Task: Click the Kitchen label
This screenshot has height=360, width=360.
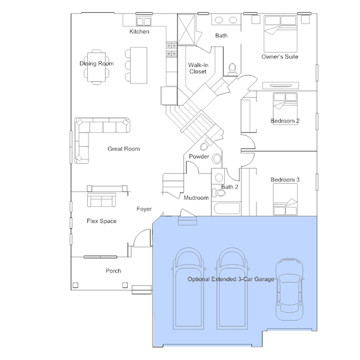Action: tap(139, 32)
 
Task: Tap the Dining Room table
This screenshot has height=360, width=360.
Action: tap(96, 67)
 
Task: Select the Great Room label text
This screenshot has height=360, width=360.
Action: tap(124, 149)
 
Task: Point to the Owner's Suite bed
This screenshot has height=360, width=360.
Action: tap(281, 34)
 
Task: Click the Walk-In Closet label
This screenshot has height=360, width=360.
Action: tap(198, 68)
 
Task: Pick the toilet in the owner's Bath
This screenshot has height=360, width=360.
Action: tap(232, 69)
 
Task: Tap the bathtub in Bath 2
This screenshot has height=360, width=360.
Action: tap(226, 208)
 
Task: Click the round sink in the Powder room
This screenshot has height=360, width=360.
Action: tap(216, 159)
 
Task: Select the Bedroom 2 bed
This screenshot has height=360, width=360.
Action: tap(285, 108)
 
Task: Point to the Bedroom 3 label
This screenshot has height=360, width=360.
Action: tap(285, 180)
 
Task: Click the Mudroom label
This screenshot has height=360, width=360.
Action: tap(196, 198)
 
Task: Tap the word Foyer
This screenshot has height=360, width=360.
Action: tap(144, 209)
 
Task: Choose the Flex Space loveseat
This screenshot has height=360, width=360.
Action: tap(101, 200)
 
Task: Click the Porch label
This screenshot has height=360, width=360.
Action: tap(113, 270)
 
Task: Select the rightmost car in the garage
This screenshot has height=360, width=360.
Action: tap(289, 289)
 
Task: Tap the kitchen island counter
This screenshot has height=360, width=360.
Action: tap(139, 65)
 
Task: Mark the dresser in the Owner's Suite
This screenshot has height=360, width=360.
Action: tap(281, 86)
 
